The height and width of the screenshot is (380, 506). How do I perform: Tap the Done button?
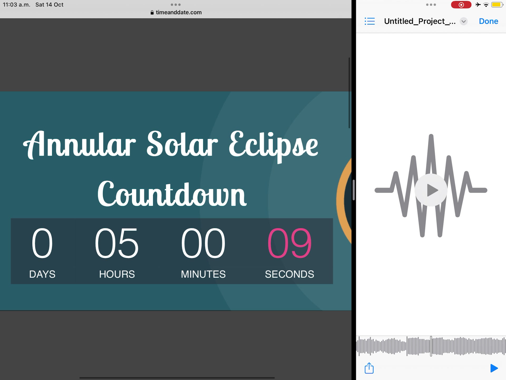(488, 21)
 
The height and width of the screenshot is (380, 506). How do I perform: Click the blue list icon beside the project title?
(369, 21)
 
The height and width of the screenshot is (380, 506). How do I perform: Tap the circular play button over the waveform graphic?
(431, 190)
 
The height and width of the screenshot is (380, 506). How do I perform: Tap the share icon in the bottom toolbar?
(369, 368)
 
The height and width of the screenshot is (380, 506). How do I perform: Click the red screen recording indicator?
(461, 5)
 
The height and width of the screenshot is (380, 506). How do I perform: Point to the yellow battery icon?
(497, 5)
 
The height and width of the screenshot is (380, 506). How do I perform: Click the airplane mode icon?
(478, 4)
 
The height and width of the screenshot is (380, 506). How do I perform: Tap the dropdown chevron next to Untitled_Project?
(464, 21)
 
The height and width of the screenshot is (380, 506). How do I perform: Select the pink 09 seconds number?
(289, 243)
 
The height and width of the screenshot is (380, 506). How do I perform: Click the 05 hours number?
(117, 243)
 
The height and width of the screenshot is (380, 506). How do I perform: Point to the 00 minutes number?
(203, 243)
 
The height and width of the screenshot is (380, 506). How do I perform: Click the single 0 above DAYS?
(42, 243)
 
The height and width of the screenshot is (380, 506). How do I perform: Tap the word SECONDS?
(289, 274)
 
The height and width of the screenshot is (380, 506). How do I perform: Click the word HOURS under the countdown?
(117, 274)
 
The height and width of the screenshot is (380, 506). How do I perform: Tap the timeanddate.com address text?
(179, 12)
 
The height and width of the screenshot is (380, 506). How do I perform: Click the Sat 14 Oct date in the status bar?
(50, 5)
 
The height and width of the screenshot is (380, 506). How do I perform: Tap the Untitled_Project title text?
(420, 21)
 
